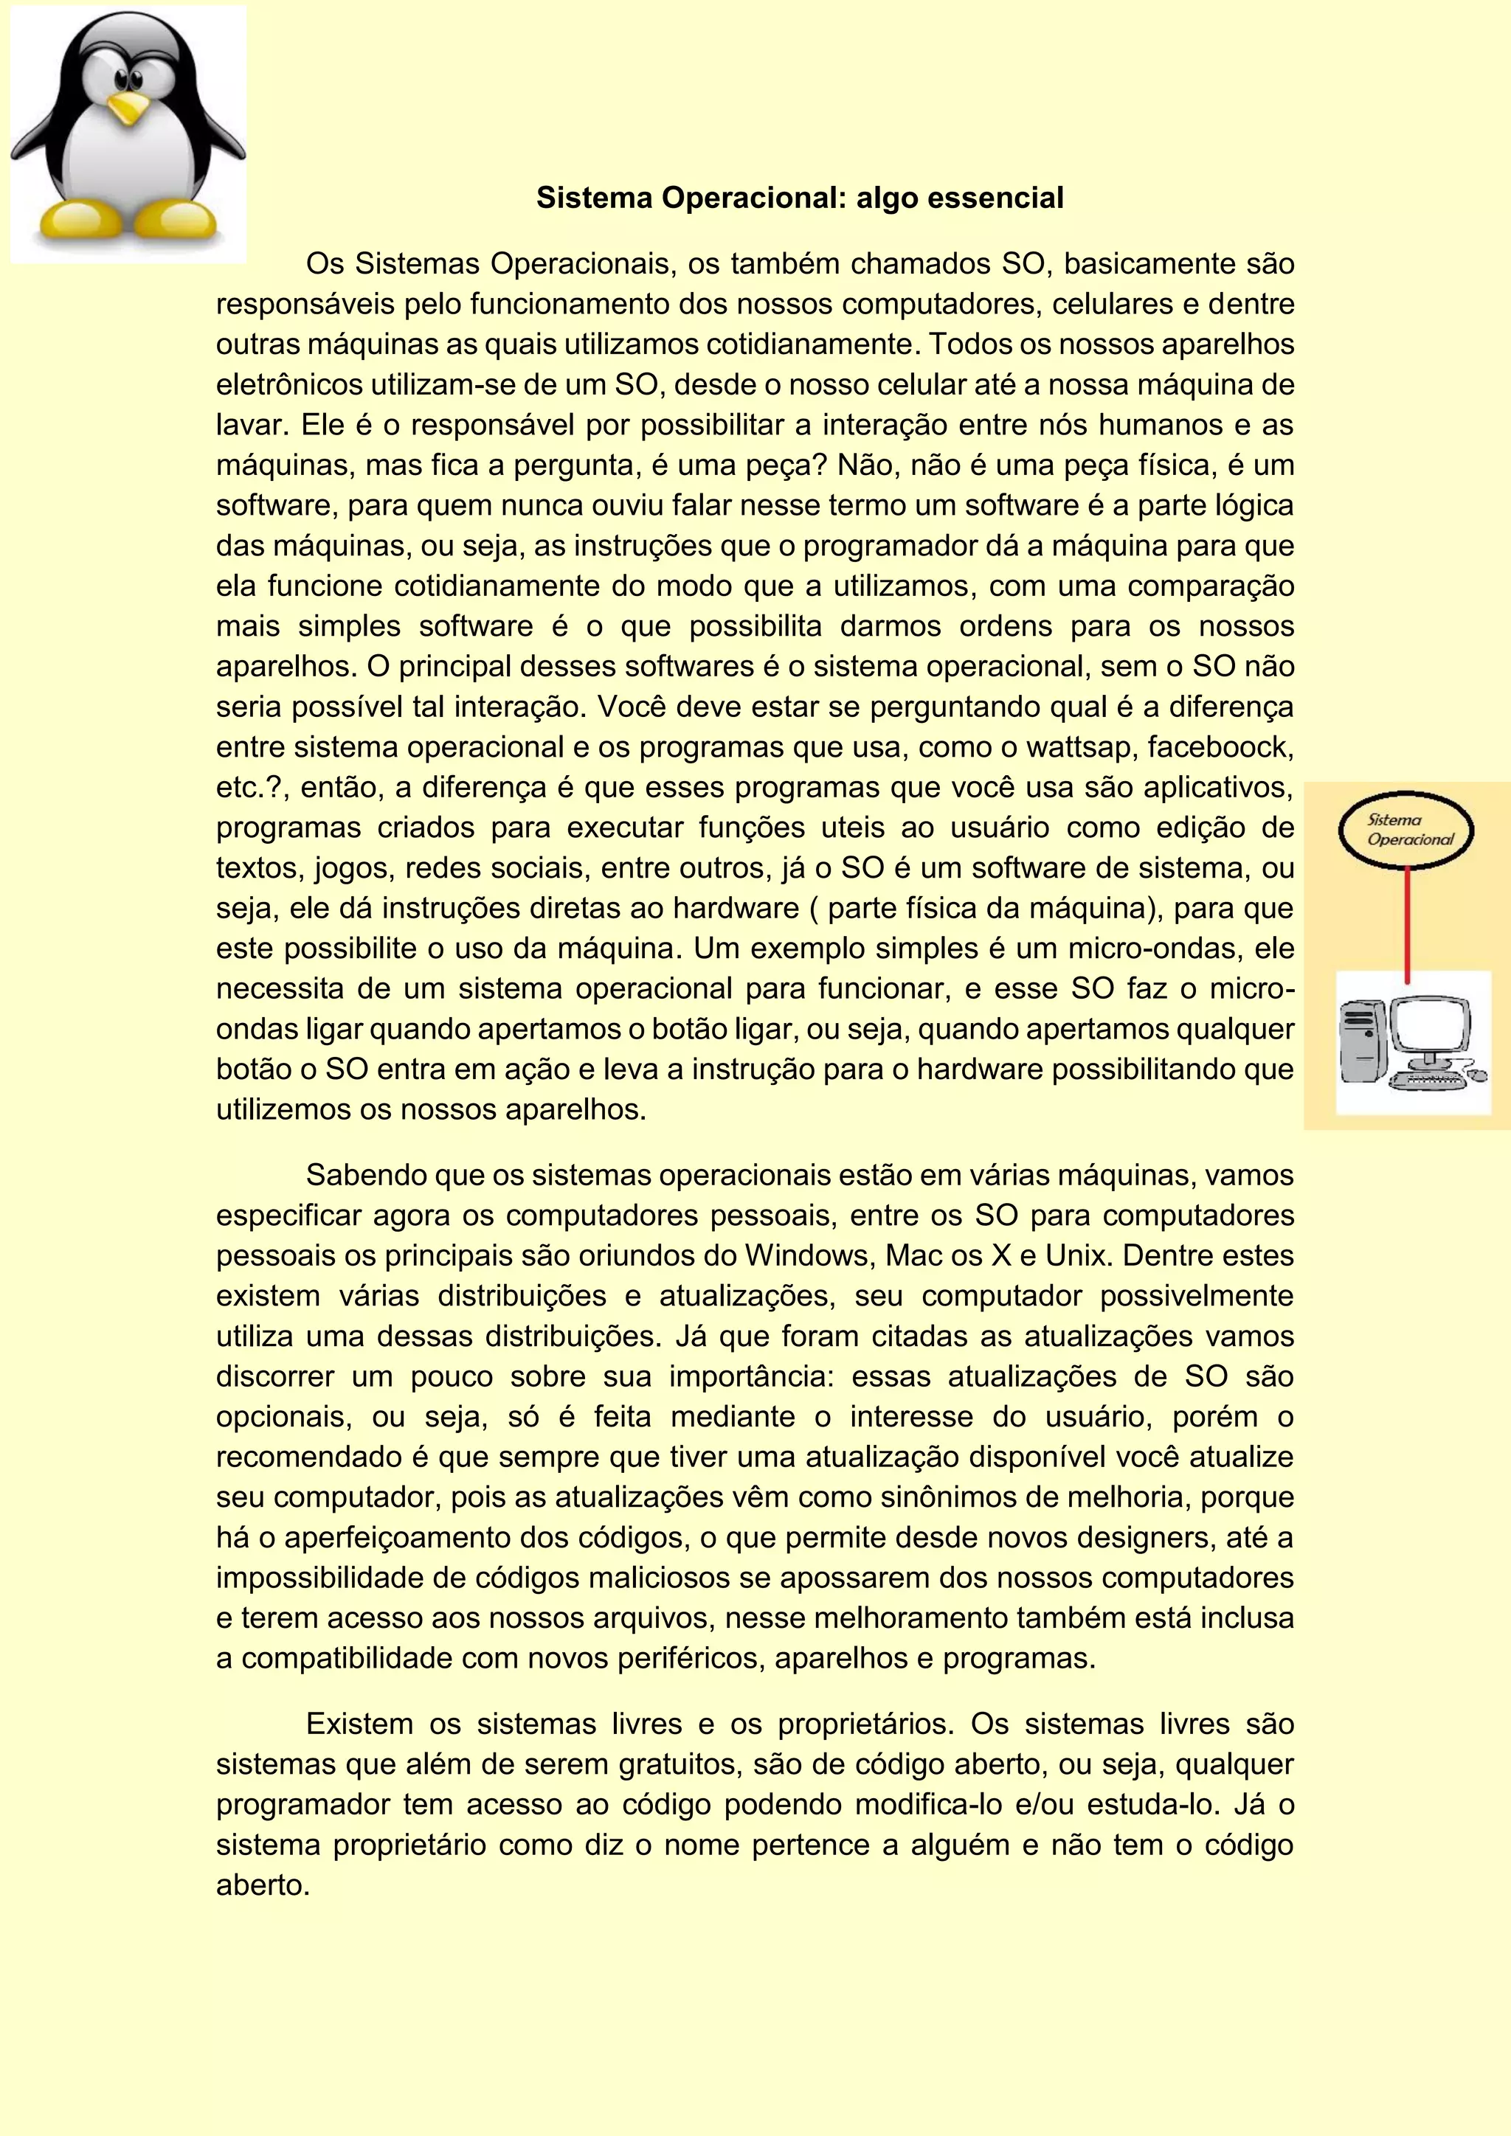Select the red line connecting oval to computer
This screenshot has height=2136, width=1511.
[x=1407, y=921]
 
